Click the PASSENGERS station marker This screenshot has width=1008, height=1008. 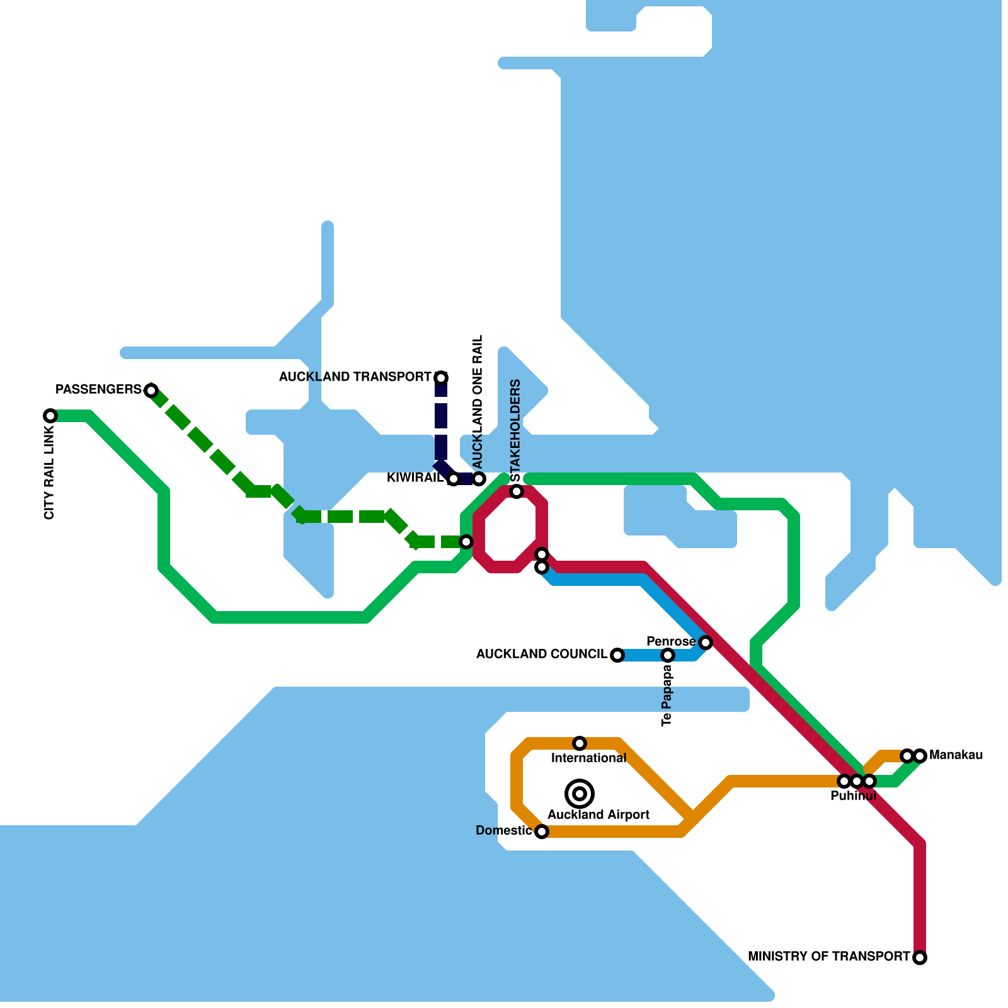151,391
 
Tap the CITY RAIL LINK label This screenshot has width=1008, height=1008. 50,472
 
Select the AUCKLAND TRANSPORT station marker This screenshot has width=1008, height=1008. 441,378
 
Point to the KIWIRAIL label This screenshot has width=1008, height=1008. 415,478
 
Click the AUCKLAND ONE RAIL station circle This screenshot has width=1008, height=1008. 479,479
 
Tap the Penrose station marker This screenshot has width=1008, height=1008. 706,643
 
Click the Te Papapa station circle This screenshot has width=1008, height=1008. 668,655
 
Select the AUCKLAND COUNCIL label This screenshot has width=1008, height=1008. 542,655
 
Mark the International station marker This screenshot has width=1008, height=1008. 580,743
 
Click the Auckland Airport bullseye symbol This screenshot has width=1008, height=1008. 580,794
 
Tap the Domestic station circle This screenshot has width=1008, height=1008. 542,832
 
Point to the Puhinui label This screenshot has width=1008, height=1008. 853,796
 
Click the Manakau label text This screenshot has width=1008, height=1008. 956,755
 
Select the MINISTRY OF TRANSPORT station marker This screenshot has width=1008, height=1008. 920,958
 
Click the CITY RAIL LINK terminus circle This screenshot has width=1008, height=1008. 50,416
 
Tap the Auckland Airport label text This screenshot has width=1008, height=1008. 598,815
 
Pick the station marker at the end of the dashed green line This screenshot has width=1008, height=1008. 466,542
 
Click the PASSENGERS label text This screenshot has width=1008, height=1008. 99,390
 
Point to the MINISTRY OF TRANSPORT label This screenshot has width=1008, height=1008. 828,957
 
